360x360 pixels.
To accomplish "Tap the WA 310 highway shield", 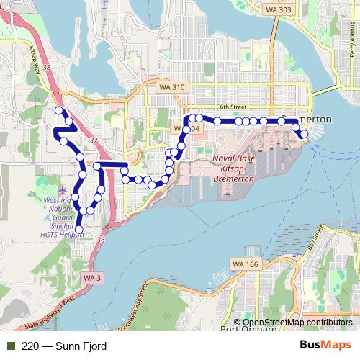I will (170, 86).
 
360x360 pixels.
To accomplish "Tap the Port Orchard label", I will (246, 330).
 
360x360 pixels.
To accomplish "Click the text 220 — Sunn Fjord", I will (64, 346).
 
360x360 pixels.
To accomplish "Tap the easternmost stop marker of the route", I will (305, 134).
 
